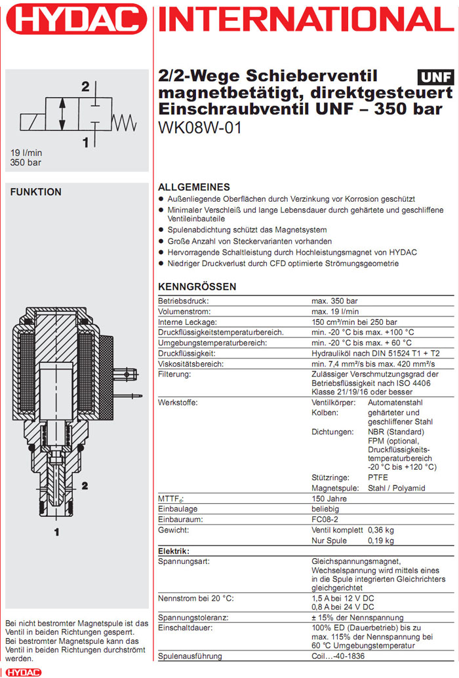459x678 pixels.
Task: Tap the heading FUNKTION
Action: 35,192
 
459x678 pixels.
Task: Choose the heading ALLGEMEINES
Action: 194,187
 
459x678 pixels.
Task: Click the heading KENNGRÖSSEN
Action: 197,287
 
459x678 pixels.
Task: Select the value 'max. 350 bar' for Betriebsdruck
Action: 334,301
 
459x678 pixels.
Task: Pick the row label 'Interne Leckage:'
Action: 187,322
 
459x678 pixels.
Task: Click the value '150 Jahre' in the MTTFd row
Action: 329,499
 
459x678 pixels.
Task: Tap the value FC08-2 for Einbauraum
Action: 327,519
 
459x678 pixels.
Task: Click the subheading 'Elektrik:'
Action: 174,551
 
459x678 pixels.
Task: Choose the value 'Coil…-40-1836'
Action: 338,656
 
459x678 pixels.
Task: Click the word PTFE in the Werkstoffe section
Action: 378,478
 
